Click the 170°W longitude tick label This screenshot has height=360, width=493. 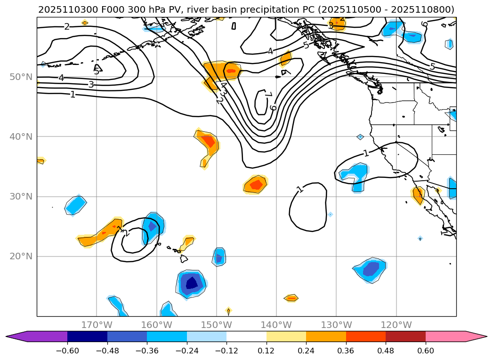(x=97, y=325)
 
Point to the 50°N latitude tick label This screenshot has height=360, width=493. (x=21, y=77)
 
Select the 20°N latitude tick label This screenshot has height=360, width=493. (x=21, y=256)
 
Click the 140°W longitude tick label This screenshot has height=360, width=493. (x=276, y=325)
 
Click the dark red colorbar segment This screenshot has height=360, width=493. (x=405, y=336)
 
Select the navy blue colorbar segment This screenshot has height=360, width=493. (x=87, y=336)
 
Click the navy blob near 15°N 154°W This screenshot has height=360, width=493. (x=192, y=283)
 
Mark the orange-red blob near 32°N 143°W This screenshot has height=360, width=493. (x=256, y=184)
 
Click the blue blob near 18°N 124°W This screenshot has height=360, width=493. (x=371, y=269)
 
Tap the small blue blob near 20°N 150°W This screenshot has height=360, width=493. (x=218, y=257)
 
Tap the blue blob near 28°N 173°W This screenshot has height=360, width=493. (x=76, y=205)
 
